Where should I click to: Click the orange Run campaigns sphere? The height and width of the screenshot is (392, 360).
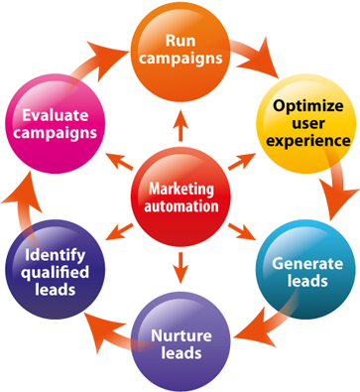[180, 47]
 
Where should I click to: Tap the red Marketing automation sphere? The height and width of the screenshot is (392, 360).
[180, 196]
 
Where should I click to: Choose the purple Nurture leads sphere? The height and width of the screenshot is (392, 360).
[180, 343]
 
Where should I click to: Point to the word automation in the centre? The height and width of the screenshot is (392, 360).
[180, 206]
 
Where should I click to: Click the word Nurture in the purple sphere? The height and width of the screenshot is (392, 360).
[180, 334]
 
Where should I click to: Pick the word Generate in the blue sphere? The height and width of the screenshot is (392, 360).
[307, 264]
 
